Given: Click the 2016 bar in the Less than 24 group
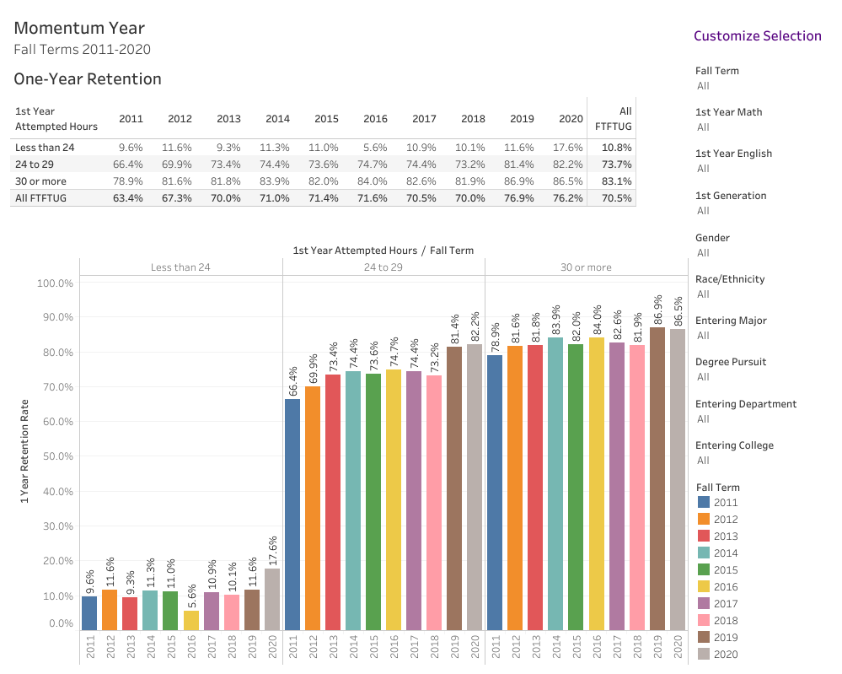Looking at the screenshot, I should pyautogui.click(x=190, y=620).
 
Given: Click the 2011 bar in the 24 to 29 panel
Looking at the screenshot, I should pyautogui.click(x=292, y=514).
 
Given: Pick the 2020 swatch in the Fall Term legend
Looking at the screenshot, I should pyautogui.click(x=704, y=655).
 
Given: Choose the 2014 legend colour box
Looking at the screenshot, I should pyautogui.click(x=704, y=553).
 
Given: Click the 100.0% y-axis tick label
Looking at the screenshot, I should pyautogui.click(x=54, y=283).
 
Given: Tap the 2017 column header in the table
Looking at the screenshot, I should pyautogui.click(x=424, y=119).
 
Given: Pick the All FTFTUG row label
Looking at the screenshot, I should pyautogui.click(x=40, y=198).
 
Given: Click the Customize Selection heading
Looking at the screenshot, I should pyautogui.click(x=757, y=35).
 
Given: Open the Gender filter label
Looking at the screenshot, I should pyautogui.click(x=712, y=238).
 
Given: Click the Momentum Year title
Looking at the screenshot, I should pyautogui.click(x=79, y=29).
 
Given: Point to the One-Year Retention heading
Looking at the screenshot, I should pyautogui.click(x=88, y=79).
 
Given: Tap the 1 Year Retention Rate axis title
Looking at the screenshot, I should pyautogui.click(x=25, y=451).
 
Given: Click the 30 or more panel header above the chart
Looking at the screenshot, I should pyautogui.click(x=586, y=267).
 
